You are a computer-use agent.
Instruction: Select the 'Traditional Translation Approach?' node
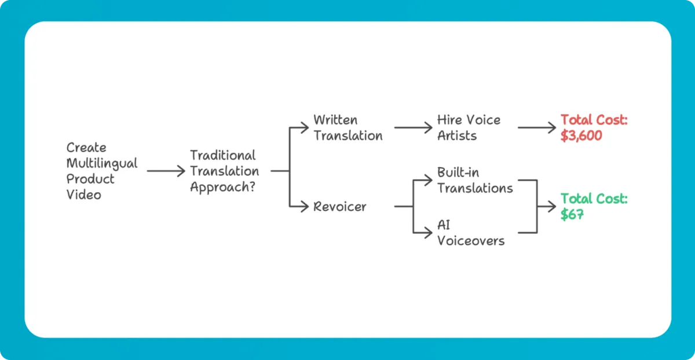[x=224, y=171]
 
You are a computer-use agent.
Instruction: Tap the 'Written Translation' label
[x=348, y=128]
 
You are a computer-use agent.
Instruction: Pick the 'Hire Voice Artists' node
[x=469, y=128]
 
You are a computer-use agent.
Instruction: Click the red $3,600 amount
[x=581, y=136]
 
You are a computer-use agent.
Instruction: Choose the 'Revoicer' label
[x=339, y=207]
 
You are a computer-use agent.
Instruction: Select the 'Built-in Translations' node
[x=475, y=180]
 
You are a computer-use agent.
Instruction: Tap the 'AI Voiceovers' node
[x=470, y=233]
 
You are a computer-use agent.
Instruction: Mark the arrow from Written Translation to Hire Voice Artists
[x=412, y=128]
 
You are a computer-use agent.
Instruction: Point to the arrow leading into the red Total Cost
[x=536, y=128]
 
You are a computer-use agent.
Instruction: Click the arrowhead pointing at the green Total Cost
[x=552, y=207]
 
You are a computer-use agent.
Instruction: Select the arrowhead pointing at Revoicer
[x=305, y=207]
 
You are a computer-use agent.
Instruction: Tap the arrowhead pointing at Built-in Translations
[x=429, y=181]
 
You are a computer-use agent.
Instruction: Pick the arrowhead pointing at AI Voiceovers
[x=429, y=233]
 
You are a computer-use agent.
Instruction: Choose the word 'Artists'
[x=457, y=136]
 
